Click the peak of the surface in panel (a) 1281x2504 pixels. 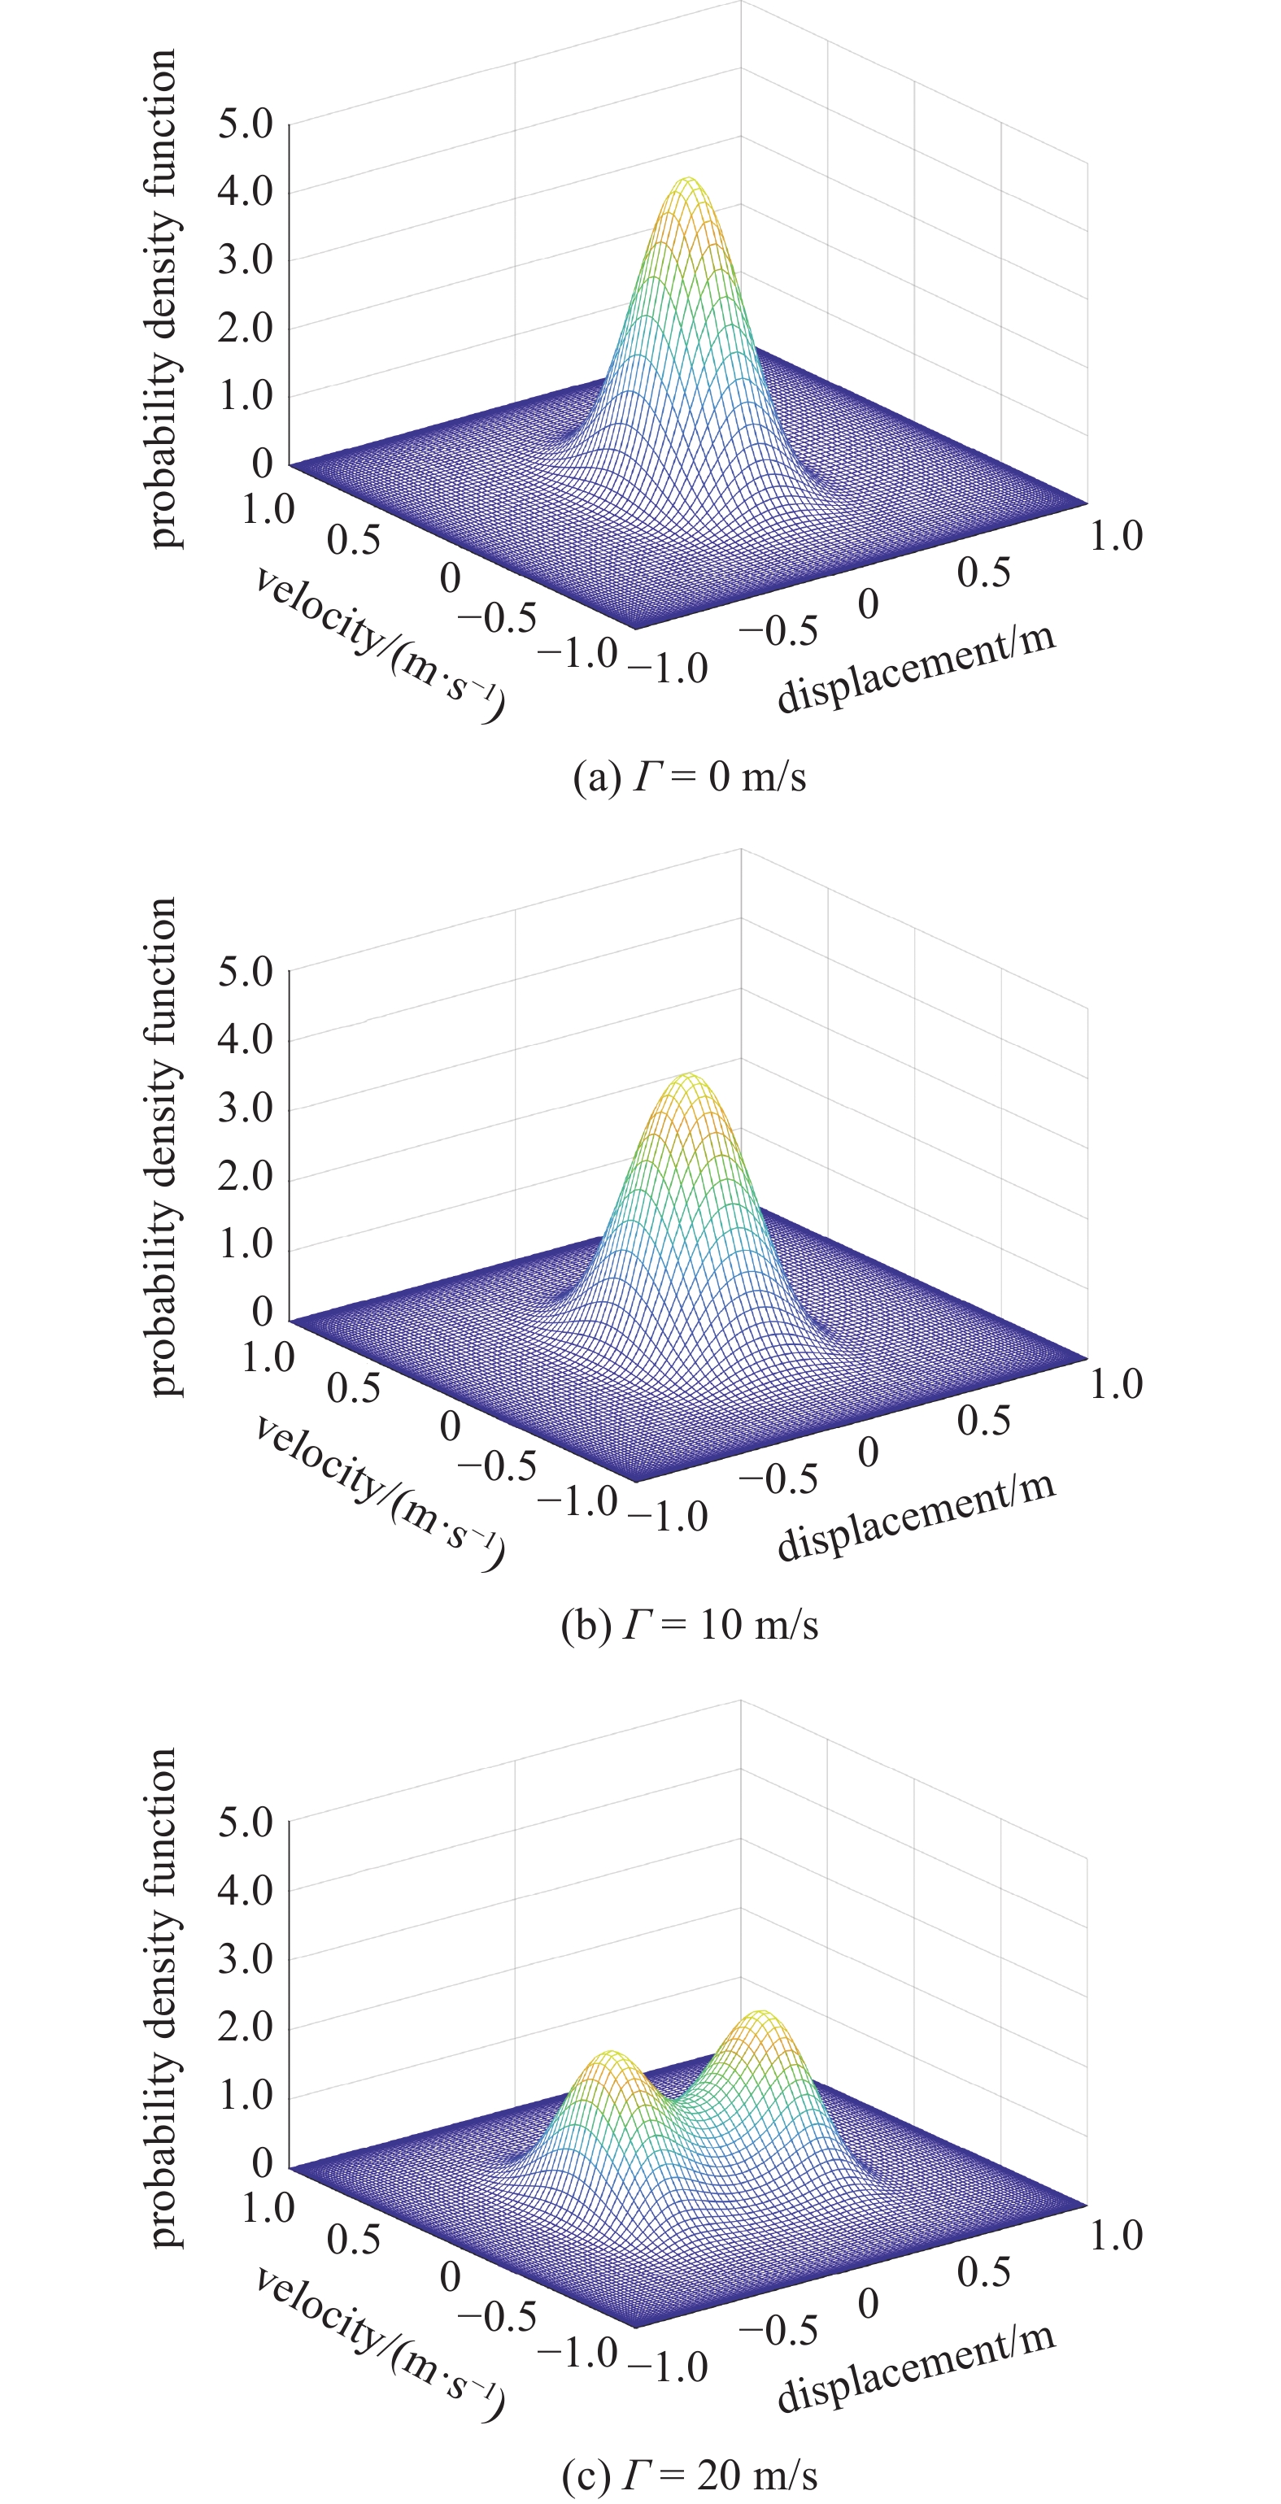pos(688,181)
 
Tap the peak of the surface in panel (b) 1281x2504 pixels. pos(688,1077)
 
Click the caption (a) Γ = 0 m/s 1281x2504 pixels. pos(689,777)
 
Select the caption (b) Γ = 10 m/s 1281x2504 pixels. pos(689,1625)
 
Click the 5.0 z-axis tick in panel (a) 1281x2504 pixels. pos(244,124)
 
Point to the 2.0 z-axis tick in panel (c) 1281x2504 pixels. pos(244,2027)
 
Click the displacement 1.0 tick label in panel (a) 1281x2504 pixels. pos(1115,536)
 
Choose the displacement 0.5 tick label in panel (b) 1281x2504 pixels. pos(983,1421)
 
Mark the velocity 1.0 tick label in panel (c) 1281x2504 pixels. pos(268,2206)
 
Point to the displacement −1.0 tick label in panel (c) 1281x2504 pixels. pos(668,2367)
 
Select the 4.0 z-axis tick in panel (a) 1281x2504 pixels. pos(244,191)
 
